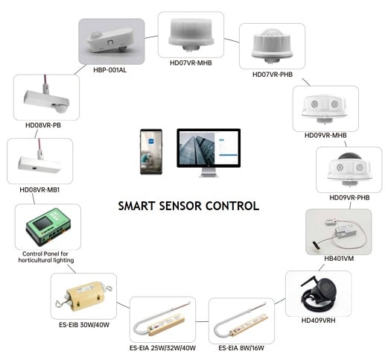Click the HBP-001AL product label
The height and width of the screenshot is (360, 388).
pos(109,70)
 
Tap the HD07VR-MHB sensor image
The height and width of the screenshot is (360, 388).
pos(191,34)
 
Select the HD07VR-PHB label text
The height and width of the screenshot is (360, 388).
pos(273,75)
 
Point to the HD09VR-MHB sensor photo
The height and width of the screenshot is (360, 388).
pos(324,108)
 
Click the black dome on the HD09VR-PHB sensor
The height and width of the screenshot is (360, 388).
pos(349,157)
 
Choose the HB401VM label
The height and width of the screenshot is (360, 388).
pos(339,259)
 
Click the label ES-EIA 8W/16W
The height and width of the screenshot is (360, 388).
pos(241,348)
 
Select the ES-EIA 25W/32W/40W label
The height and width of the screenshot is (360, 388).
pos(162,348)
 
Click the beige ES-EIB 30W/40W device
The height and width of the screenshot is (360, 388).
pos(83,296)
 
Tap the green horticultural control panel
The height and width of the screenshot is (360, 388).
pos(48,226)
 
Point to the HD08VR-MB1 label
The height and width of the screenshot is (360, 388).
pos(39,190)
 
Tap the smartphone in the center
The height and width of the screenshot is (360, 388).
pos(151,151)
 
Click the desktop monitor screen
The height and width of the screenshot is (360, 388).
pos(209,148)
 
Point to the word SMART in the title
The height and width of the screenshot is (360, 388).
pos(136,206)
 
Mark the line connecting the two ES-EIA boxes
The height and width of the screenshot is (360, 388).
pos(202,321)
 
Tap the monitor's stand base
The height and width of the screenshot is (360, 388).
pos(209,175)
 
